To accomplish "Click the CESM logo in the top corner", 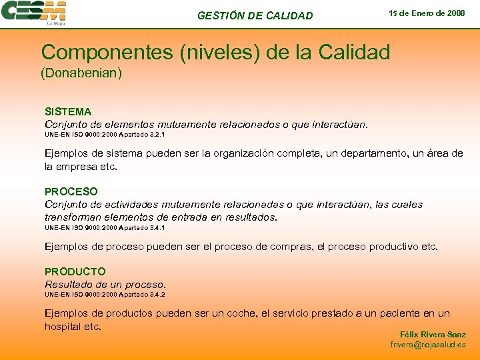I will (x=35, y=13).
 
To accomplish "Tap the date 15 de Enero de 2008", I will (x=427, y=13).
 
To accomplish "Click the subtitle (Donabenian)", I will (x=81, y=73).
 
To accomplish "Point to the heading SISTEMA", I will (x=68, y=111).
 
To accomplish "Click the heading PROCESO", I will (x=71, y=191).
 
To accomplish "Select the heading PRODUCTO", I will (x=75, y=271).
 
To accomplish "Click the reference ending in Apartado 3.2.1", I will (x=105, y=135).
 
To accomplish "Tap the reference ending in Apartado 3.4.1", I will (x=105, y=227).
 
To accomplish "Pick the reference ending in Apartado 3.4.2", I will (x=105, y=294).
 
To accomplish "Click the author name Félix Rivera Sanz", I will (x=433, y=334).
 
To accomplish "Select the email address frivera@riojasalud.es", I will (x=428, y=345).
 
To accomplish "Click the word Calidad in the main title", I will (x=351, y=53).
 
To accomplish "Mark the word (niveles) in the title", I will (x=217, y=53).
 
